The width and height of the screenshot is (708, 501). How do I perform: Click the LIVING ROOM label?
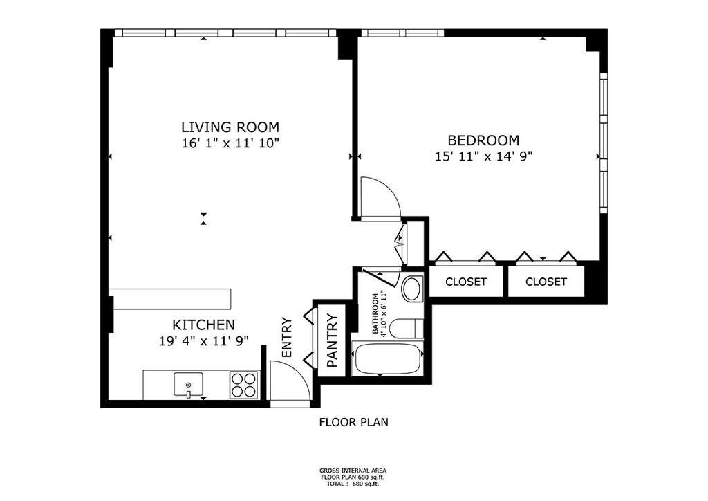230,127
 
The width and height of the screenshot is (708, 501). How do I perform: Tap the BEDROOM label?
483,140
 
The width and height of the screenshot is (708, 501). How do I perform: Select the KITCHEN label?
204,325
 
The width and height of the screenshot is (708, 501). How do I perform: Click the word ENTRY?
287,338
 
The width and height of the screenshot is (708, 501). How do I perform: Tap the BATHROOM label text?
375,314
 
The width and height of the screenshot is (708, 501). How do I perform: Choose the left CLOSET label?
466,282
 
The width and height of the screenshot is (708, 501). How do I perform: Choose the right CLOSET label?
546,282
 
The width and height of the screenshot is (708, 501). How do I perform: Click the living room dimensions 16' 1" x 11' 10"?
230,144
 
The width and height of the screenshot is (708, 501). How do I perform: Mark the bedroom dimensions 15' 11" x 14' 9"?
483,157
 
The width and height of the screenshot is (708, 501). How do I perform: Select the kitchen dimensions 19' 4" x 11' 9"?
204,341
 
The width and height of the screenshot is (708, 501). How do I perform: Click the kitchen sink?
188,385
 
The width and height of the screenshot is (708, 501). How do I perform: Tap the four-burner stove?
243,385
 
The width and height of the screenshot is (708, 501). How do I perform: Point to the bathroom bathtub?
387,359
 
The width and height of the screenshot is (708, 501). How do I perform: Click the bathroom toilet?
407,329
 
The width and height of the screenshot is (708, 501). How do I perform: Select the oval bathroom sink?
411,289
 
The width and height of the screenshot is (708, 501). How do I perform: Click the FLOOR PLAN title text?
353,422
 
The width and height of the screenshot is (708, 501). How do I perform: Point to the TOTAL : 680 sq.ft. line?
353,484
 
